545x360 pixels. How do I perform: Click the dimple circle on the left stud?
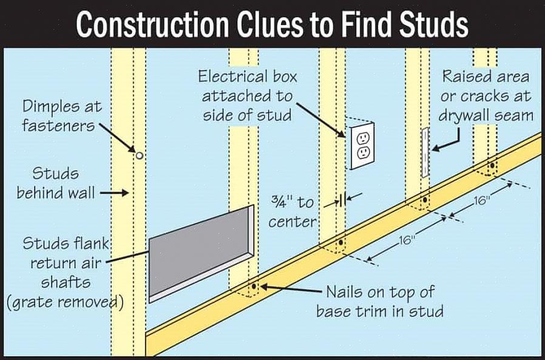pos(140,155)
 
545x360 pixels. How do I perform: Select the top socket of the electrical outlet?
pos(363,137)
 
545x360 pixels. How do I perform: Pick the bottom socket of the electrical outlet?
pos(363,154)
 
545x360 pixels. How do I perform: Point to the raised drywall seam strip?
pos(425,152)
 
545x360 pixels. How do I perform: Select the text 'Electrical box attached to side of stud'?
pos(247,96)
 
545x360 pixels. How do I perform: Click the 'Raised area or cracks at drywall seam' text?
pos(486,96)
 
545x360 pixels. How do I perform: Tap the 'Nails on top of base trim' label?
pos(379,302)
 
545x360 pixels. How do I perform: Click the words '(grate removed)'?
pos(65,302)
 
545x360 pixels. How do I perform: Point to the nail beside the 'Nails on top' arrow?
pos(254,286)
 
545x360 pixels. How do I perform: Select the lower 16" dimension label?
pos(405,240)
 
